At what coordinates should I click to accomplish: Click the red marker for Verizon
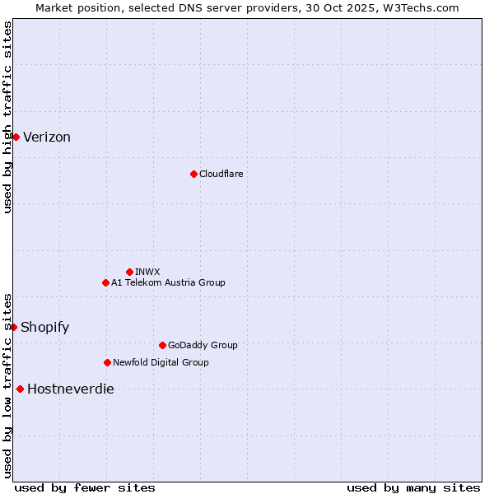(x=16, y=137)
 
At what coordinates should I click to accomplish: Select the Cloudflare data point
(x=193, y=174)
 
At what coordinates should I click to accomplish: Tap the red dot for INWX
(x=129, y=272)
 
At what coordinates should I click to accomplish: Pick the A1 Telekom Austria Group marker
(x=105, y=282)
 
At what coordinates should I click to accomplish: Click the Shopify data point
(x=14, y=327)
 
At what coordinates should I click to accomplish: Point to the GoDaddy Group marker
(x=162, y=345)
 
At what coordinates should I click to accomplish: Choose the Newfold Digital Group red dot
(x=107, y=362)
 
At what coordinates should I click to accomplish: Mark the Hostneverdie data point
(x=20, y=389)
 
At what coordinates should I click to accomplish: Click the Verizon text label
(x=47, y=137)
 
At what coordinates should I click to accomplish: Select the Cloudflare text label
(x=221, y=174)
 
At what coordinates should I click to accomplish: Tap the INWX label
(x=147, y=272)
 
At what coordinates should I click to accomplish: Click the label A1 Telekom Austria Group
(x=168, y=282)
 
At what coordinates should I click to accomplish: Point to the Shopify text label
(x=45, y=328)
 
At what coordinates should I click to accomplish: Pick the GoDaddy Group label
(x=203, y=345)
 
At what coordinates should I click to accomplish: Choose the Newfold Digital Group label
(x=161, y=362)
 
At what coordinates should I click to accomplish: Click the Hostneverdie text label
(x=71, y=389)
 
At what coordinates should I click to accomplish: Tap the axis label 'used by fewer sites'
(x=85, y=487)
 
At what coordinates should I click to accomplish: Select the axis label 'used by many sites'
(x=413, y=487)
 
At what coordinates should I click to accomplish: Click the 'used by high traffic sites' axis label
(x=7, y=117)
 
